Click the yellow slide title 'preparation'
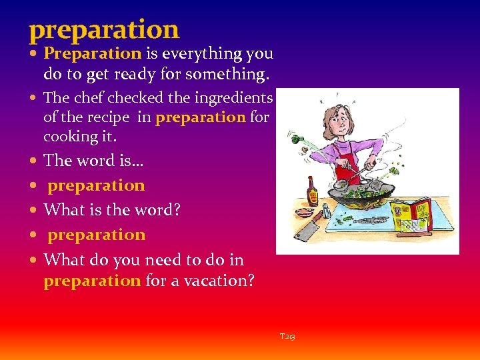pos(104,30)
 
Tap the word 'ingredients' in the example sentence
pos(233,98)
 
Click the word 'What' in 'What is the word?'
pos(62,210)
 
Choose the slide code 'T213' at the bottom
pos(287,337)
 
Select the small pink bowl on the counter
pos(304,211)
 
